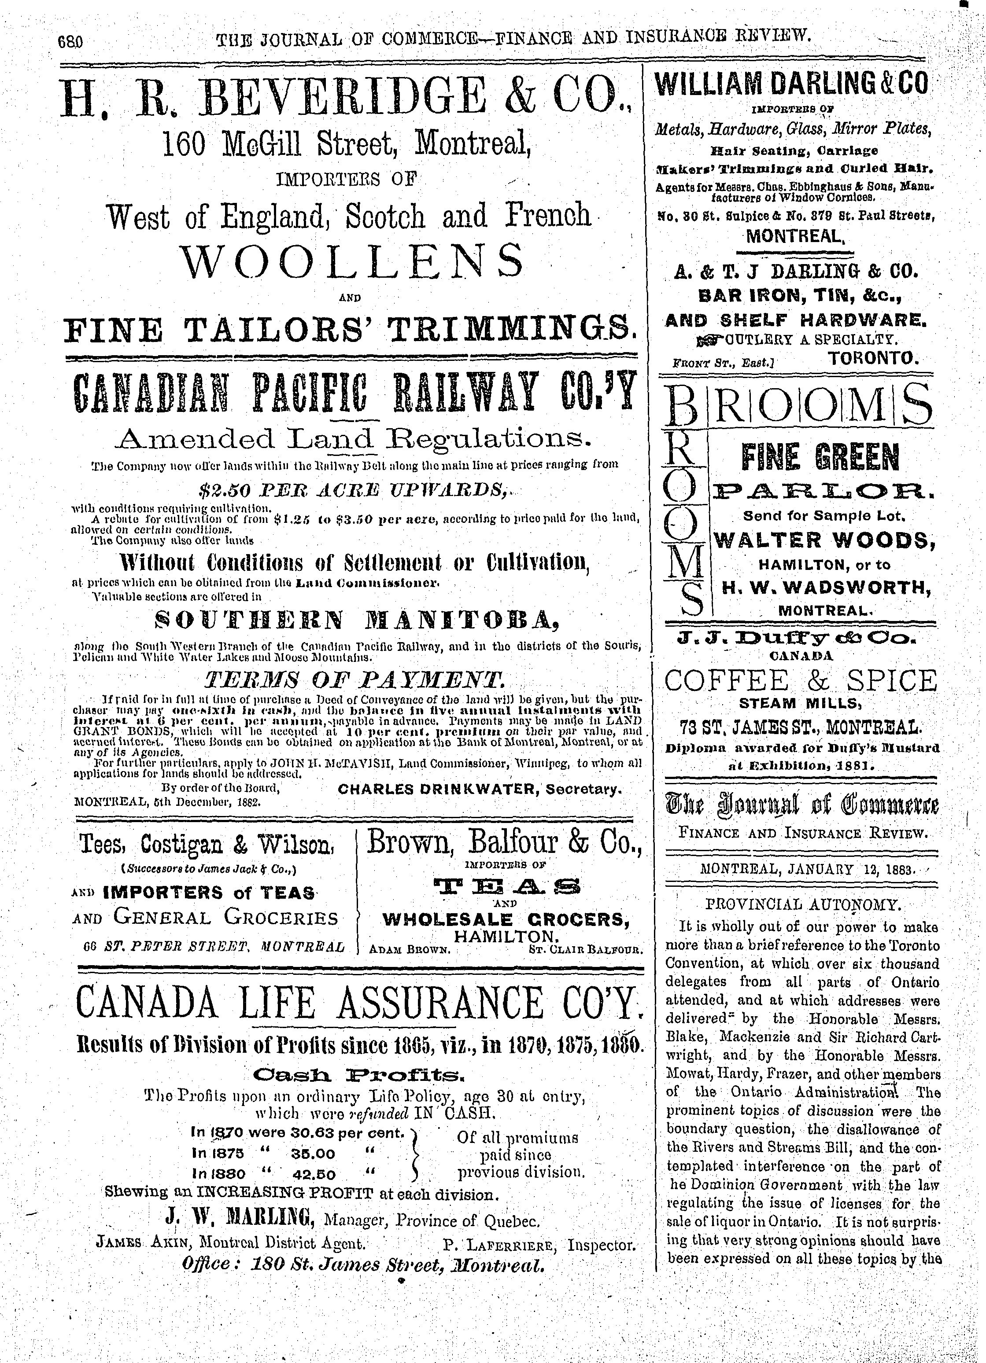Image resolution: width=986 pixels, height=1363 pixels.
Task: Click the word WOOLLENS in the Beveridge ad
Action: click(352, 259)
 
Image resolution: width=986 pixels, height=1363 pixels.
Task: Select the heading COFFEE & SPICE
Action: click(801, 680)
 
